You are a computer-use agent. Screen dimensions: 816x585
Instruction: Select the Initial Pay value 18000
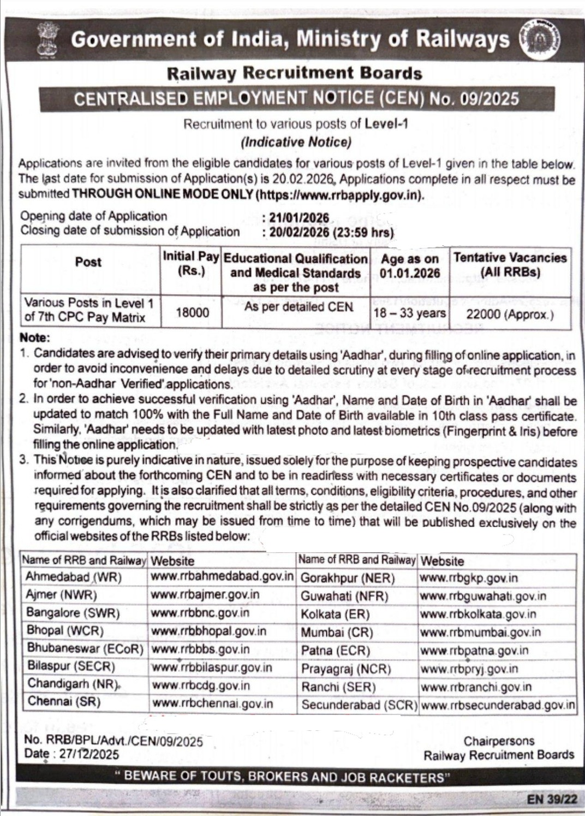point(192,312)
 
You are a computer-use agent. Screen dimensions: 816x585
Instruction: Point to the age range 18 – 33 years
point(409,313)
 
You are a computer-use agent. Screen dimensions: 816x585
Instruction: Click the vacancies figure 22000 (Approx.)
point(510,314)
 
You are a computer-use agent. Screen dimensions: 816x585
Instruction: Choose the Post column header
point(88,262)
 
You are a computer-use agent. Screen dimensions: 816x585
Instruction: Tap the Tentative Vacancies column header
point(510,265)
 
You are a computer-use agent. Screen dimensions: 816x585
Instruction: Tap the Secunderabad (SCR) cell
point(359,705)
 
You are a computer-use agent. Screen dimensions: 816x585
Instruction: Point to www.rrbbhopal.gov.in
point(208,631)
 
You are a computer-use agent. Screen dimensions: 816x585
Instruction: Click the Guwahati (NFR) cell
point(344,596)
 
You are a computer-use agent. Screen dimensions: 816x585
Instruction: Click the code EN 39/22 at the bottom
point(552,799)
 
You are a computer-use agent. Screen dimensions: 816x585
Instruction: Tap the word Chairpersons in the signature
point(499,741)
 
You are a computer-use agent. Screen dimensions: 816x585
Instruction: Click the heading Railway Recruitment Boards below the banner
point(295,73)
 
